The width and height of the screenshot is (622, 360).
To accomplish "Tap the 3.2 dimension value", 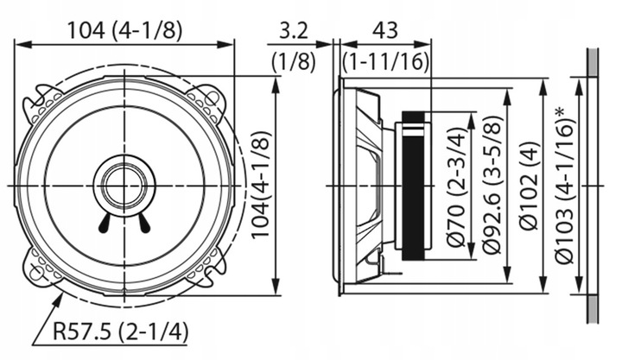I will pos(294,31).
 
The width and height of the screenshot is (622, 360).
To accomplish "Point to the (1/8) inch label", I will pos(294,62).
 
